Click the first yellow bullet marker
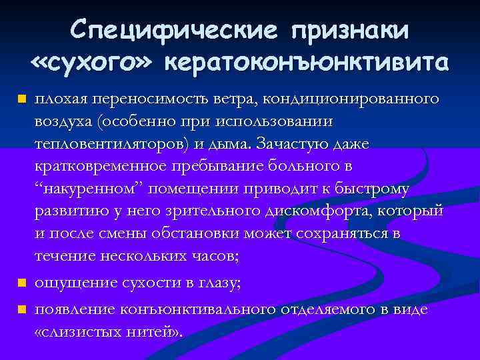pyautogui.click(x=21, y=100)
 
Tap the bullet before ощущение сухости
pyautogui.click(x=21, y=284)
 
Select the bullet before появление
pyautogui.click(x=21, y=310)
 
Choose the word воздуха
pyautogui.click(x=62, y=122)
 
